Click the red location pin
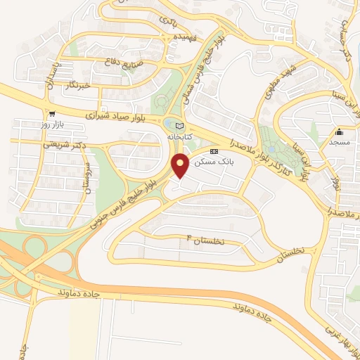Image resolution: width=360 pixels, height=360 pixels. pyautogui.click(x=181, y=165)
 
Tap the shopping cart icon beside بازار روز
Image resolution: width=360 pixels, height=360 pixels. pyautogui.click(x=51, y=113)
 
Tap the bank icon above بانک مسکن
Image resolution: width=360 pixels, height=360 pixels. pyautogui.click(x=214, y=151)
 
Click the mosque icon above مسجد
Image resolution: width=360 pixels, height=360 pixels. pyautogui.click(x=339, y=131)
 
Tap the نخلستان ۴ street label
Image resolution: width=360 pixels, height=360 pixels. pyautogui.click(x=204, y=240)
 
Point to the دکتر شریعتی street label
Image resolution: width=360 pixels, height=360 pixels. pyautogui.click(x=62, y=143)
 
